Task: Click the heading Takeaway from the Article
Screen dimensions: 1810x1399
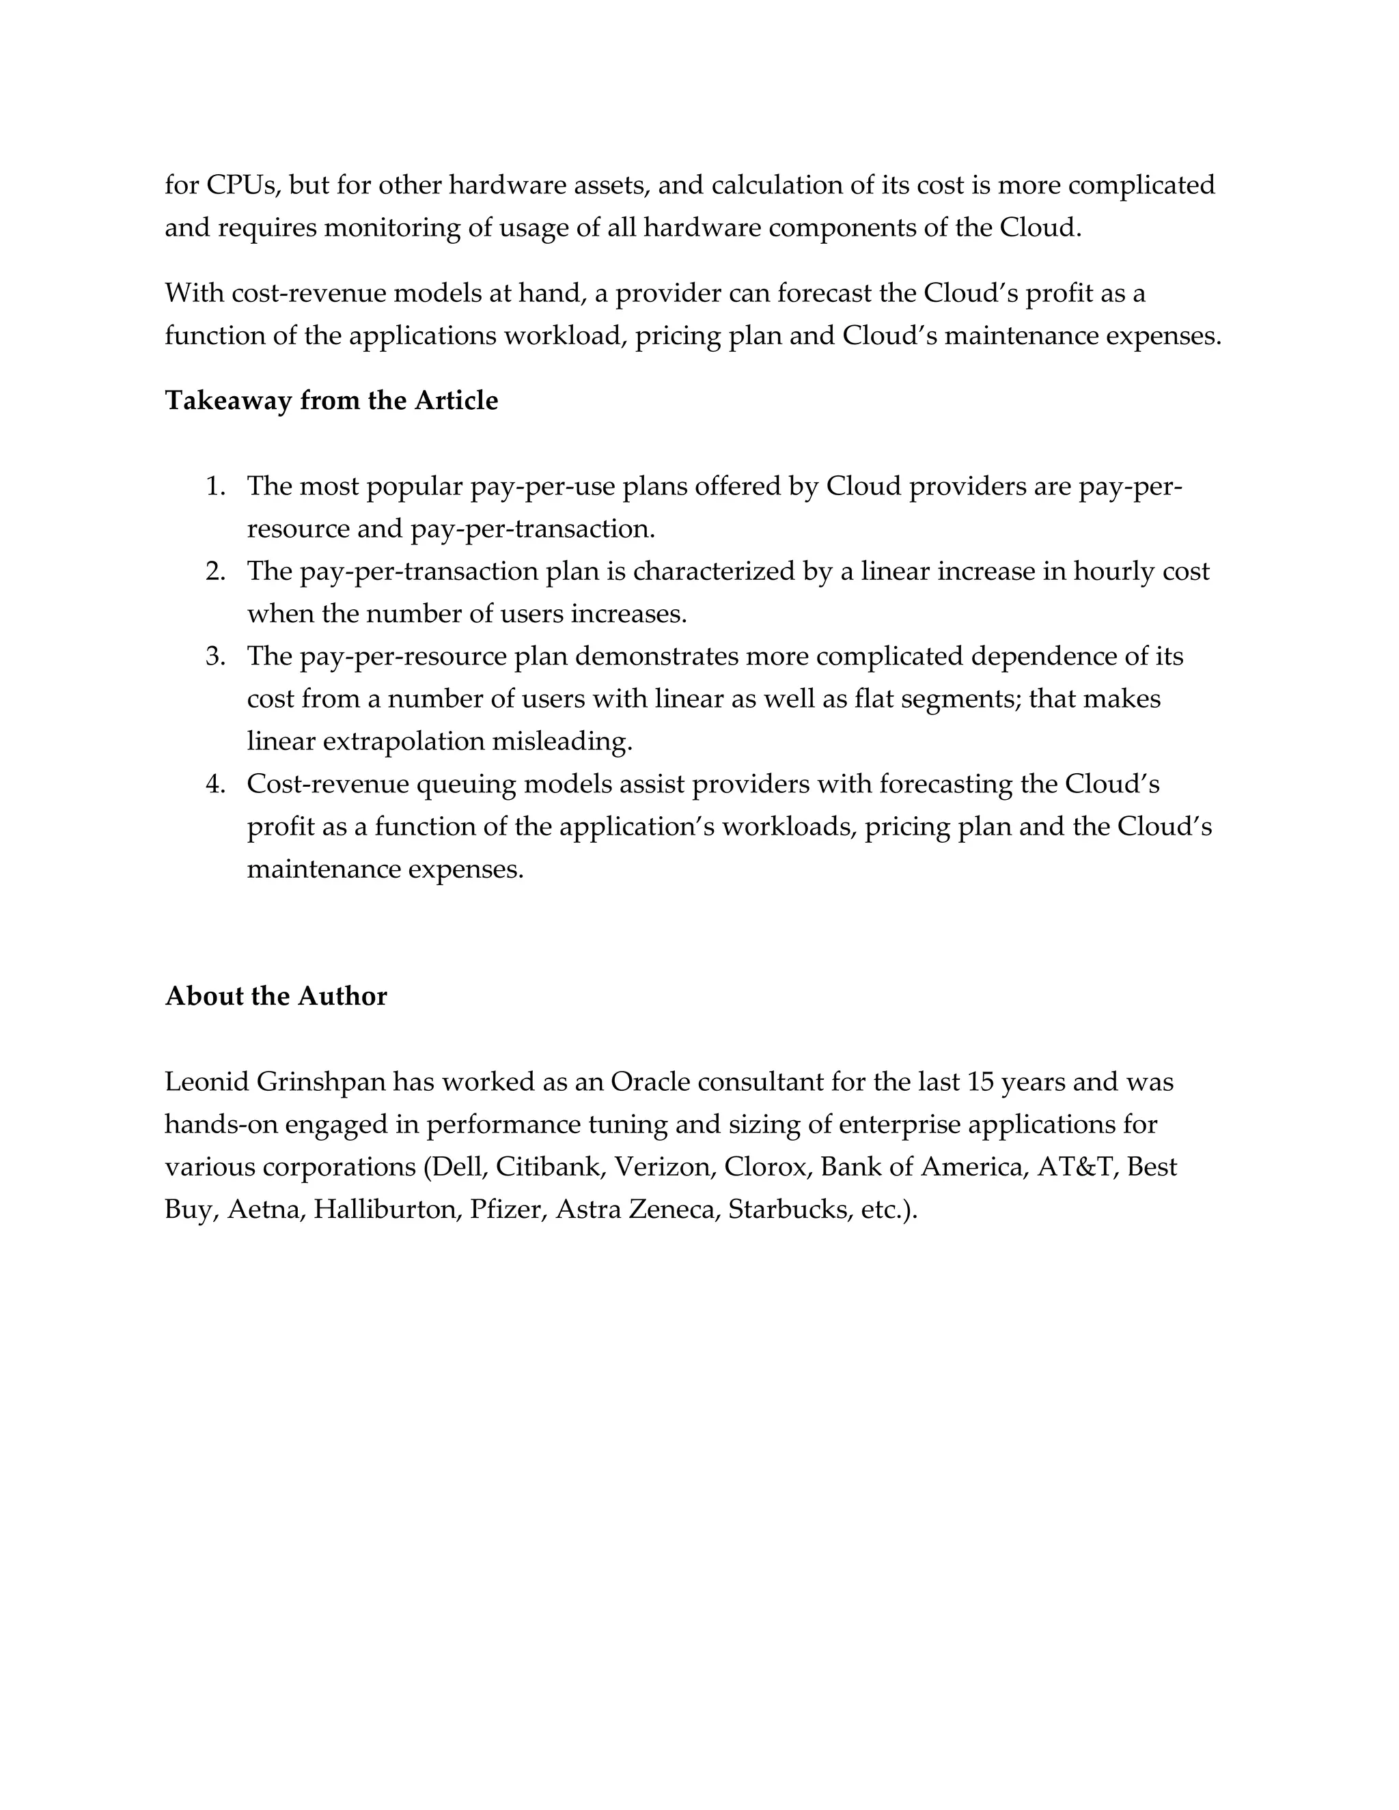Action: point(331,401)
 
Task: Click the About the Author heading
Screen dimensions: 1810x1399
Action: point(276,996)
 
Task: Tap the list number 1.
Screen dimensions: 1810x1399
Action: point(215,486)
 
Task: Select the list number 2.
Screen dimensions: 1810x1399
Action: point(215,572)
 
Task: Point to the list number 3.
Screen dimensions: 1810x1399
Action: point(215,656)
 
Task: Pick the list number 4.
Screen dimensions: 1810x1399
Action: point(215,784)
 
